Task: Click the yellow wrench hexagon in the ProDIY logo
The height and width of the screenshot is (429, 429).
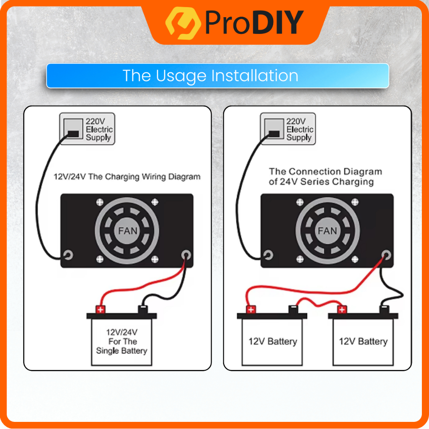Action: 183,23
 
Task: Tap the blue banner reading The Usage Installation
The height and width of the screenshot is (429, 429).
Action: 217,76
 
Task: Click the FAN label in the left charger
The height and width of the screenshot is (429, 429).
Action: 127,231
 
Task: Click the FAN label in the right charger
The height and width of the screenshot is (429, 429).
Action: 327,231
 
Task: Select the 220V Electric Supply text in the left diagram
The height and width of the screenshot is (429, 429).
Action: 99,129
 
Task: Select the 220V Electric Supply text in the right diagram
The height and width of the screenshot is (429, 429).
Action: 300,129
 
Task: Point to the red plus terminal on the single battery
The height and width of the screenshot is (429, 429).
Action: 101,310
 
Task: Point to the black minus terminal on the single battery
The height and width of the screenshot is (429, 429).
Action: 143,309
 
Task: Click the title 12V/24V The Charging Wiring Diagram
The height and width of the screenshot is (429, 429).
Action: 127,177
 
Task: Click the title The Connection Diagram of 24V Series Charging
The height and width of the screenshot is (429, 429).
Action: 325,177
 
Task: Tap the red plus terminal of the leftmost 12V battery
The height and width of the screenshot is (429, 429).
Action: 251,310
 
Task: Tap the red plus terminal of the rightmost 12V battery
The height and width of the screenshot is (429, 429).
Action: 342,310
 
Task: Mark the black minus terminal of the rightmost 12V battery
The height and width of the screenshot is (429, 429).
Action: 384,309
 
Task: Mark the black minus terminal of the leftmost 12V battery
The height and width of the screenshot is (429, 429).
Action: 293,309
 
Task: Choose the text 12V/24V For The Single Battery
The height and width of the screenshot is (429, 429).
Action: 122,341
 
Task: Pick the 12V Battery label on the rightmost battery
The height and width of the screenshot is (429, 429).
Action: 363,341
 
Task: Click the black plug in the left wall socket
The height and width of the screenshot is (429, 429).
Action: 73,134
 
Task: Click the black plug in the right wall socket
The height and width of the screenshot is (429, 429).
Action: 274,134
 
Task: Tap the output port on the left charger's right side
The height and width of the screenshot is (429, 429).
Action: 186,255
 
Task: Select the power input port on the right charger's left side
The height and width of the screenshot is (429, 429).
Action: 268,255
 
